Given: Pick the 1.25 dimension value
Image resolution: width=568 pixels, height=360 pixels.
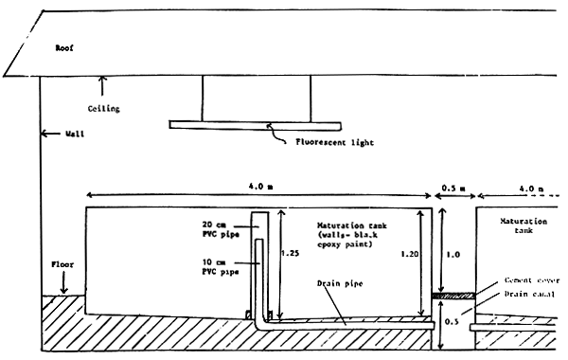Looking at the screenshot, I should (296, 254).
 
